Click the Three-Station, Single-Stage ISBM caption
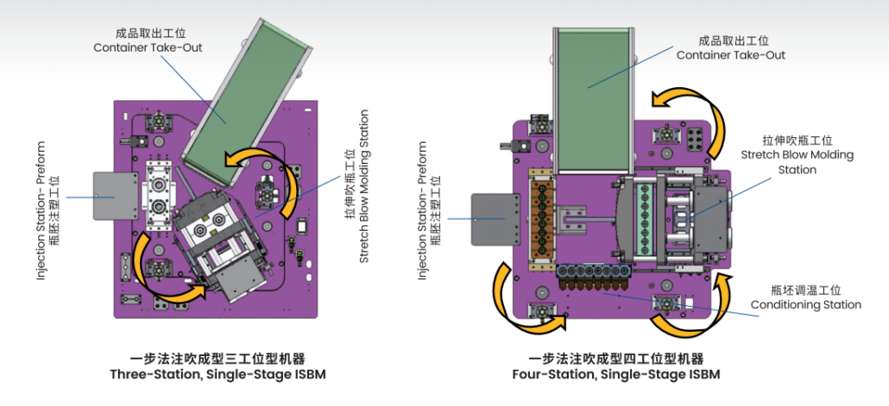(218, 374)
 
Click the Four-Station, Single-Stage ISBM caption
(615, 374)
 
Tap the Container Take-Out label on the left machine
(148, 47)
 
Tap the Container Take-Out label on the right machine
(730, 55)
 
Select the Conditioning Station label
(805, 304)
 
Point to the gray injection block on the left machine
(115, 196)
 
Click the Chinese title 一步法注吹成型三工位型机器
(218, 358)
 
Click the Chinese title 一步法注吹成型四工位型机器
(615, 358)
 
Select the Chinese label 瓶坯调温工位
(805, 290)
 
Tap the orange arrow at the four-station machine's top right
(690, 108)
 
